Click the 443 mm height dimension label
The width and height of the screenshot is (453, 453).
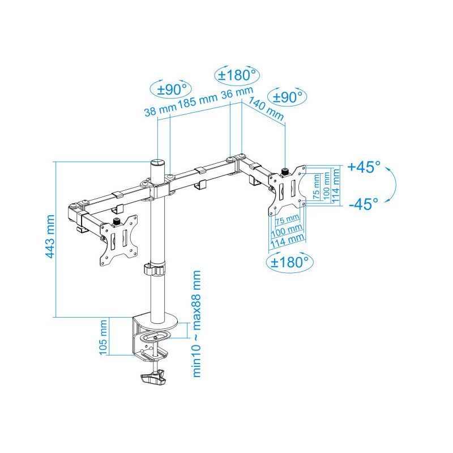click(x=50, y=236)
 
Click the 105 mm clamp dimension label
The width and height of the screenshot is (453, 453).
click(x=103, y=337)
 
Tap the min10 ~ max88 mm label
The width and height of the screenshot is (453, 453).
click(x=196, y=324)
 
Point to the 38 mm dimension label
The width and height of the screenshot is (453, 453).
click(x=160, y=109)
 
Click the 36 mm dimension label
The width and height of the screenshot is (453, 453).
click(x=237, y=92)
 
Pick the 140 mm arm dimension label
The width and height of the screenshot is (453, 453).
click(x=266, y=108)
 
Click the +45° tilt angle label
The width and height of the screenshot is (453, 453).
click(x=364, y=167)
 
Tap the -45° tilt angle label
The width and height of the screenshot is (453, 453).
click(x=364, y=204)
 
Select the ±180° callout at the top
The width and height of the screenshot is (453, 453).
click(x=237, y=75)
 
